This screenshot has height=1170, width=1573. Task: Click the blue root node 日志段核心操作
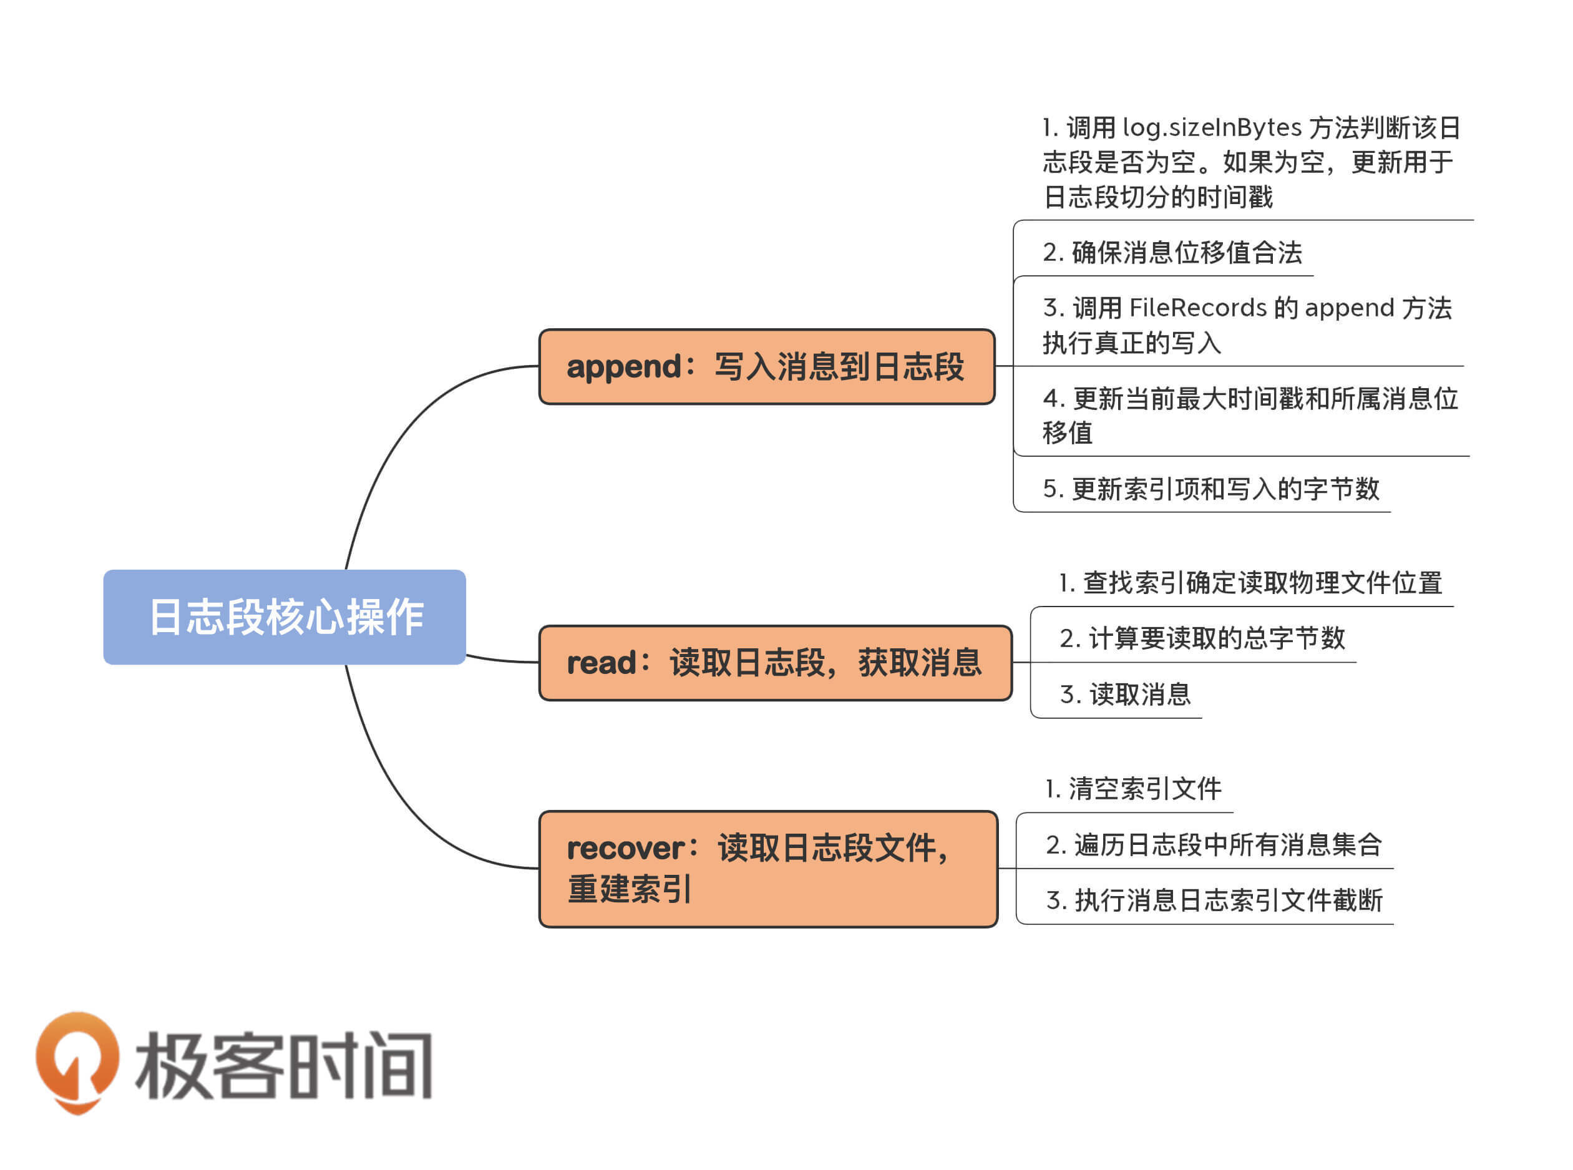[284, 616]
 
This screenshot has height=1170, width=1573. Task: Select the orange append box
[766, 367]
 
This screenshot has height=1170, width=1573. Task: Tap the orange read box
[775, 663]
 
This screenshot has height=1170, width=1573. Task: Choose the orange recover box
[767, 868]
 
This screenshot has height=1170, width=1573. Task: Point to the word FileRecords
[1197, 308]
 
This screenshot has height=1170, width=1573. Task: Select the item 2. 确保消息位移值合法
[1172, 253]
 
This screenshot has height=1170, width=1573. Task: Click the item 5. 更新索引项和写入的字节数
[1210, 489]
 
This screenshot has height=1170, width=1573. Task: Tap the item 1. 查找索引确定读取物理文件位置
[1249, 583]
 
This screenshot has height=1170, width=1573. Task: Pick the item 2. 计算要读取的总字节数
[1201, 638]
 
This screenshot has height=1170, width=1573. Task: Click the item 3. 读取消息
[1124, 694]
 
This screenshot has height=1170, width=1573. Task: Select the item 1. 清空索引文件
[1133, 789]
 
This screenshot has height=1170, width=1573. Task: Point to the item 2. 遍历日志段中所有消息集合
[1213, 844]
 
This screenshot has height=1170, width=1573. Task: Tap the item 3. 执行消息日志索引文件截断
[1213, 900]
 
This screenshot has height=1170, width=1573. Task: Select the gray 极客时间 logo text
[283, 1065]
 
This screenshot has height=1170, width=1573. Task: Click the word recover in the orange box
[625, 849]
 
